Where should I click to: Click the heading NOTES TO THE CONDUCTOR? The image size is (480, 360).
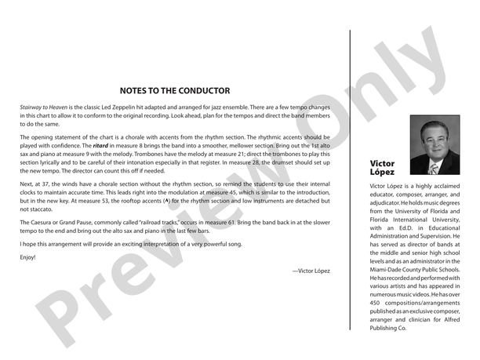pyautogui.click(x=175, y=90)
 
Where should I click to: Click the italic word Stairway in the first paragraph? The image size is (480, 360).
pyautogui.click(x=34, y=106)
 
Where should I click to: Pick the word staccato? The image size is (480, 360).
pyautogui.click(x=33, y=209)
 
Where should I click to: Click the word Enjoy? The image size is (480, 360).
pyautogui.click(x=28, y=256)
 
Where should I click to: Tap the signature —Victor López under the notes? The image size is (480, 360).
pyautogui.click(x=311, y=271)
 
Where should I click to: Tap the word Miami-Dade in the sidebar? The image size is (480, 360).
pyautogui.click(x=387, y=269)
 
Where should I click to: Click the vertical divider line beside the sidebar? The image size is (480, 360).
pyautogui.click(x=350, y=180)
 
